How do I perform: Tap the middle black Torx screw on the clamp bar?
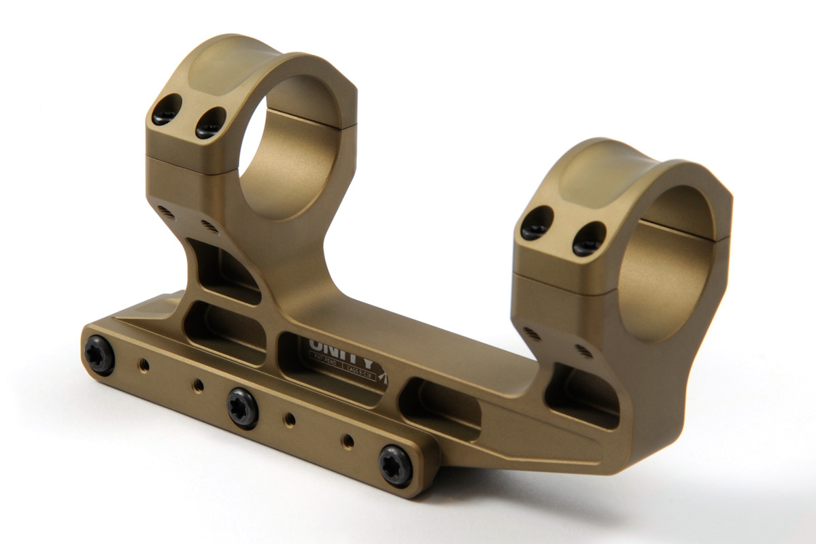click(x=243, y=408)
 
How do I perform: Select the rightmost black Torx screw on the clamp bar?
click(x=396, y=466)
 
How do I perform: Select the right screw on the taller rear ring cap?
click(x=210, y=123)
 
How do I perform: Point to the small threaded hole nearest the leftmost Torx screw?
click(x=143, y=365)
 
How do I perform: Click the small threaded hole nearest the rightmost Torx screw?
click(x=347, y=441)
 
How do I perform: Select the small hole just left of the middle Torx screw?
click(x=198, y=386)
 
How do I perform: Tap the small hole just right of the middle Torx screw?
click(x=290, y=418)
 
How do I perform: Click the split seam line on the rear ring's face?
click(x=184, y=167)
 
